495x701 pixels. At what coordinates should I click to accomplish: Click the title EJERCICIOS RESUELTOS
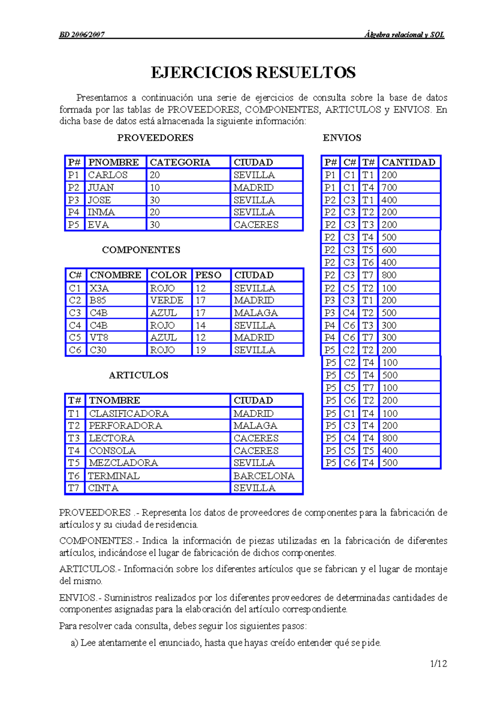coord(253,73)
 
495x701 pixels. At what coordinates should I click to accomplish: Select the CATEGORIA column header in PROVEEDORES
coord(180,162)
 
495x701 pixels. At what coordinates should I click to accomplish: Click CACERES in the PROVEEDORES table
coord(256,225)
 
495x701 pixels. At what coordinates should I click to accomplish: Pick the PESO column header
coord(208,275)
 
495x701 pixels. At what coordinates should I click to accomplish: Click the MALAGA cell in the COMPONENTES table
coord(256,313)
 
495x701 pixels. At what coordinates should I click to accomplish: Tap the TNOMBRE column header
coord(114,400)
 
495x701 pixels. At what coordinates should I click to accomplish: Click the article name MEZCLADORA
coord(123,463)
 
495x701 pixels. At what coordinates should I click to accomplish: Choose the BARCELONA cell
coord(264,476)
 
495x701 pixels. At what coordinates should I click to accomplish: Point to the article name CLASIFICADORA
coord(129,414)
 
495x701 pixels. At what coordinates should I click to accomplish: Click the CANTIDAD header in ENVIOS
coord(408,162)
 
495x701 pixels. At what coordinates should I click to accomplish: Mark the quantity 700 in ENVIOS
coord(389,187)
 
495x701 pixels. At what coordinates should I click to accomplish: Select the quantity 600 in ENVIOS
coord(389,250)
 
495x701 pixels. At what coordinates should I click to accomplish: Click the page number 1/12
coord(438,664)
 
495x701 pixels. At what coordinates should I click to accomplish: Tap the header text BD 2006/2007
coord(82,35)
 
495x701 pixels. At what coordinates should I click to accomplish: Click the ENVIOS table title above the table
coord(342,138)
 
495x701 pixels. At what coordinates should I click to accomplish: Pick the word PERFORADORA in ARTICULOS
coord(125,426)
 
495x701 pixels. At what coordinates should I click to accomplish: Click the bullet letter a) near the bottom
coord(74,643)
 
